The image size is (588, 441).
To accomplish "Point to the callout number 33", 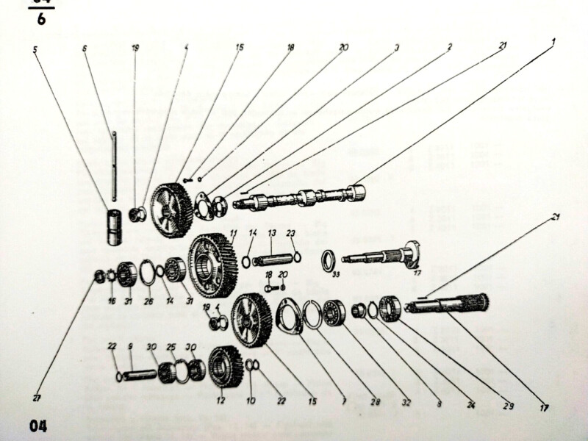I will coord(336,276).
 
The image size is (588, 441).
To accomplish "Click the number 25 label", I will coord(171,346).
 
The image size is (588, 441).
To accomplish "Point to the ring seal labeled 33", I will coord(329,259).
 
